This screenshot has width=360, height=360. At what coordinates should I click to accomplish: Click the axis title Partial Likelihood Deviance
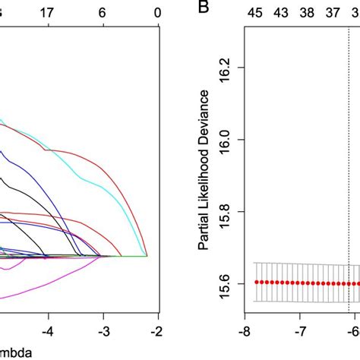204,175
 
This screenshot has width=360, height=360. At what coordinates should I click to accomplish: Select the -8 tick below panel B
245,332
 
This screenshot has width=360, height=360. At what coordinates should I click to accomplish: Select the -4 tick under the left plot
47,332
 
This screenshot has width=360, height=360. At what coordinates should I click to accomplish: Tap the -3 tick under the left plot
103,332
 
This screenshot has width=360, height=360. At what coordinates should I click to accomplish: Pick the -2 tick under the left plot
156,332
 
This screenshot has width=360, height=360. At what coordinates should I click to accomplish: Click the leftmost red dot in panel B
257,281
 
